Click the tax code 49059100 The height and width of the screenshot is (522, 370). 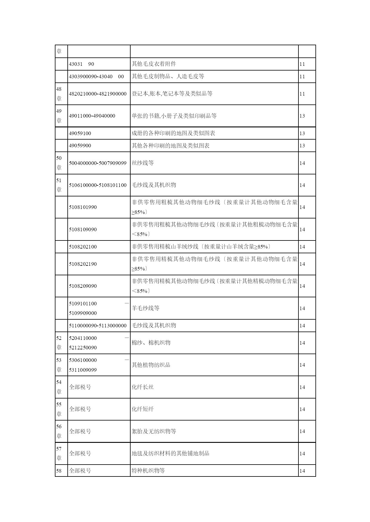pyautogui.click(x=80, y=133)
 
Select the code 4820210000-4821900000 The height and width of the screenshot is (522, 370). pyautogui.click(x=97, y=94)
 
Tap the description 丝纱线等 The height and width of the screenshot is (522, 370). pyautogui.click(x=143, y=163)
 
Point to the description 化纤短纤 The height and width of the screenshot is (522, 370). pyautogui.click(x=143, y=409)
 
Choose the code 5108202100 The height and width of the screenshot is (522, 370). pyautogui.click(x=83, y=247)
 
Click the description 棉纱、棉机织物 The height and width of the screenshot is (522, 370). pyautogui.click(x=151, y=343)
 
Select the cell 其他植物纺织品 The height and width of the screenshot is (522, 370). pyautogui.click(x=151, y=365)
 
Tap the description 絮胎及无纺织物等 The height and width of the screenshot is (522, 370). pyautogui.click(x=154, y=431)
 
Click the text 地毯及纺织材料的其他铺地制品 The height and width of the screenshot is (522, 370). pyautogui.click(x=171, y=454)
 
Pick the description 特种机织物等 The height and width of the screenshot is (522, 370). pyautogui.click(x=148, y=471)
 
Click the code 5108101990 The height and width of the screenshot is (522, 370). pyautogui.click(x=83, y=207)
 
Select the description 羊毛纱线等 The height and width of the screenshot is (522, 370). pyautogui.click(x=145, y=308)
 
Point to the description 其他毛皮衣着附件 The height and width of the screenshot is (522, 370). pyautogui.click(x=154, y=64)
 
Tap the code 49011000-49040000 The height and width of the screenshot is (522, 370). pyautogui.click(x=92, y=116)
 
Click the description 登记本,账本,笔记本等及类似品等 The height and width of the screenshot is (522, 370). pyautogui.click(x=172, y=94)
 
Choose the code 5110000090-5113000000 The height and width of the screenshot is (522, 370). pyautogui.click(x=97, y=326)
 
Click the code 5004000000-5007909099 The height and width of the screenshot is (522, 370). pyautogui.click(x=97, y=163)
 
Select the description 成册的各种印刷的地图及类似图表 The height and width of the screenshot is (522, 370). pyautogui.click(x=174, y=133)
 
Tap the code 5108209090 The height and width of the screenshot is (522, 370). pyautogui.click(x=83, y=286)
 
